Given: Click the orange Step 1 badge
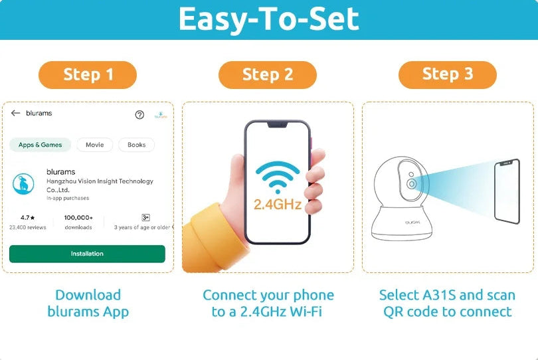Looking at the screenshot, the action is [x=88, y=75].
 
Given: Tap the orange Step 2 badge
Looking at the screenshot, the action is [x=267, y=75].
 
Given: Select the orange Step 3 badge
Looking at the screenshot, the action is [x=448, y=75].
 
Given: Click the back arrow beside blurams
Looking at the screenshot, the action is [x=15, y=113].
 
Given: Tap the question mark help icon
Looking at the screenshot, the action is [x=139, y=115].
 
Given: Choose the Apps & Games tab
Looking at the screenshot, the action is [x=40, y=145].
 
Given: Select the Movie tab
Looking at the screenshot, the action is [x=95, y=145].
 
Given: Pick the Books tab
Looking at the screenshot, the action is [x=137, y=145].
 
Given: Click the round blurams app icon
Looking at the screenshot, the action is [x=23, y=183].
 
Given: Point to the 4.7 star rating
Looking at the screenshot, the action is [x=27, y=218].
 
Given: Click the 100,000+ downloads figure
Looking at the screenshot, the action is [x=78, y=218].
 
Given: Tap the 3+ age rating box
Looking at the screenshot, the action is [x=145, y=218].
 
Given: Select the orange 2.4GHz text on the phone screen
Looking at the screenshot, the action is [x=278, y=205].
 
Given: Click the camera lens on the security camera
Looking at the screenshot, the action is [x=411, y=184].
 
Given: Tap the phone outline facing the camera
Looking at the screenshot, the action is [x=507, y=191].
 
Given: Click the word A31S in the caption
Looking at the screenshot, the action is [x=439, y=295].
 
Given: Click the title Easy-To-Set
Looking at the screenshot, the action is [x=268, y=19].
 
